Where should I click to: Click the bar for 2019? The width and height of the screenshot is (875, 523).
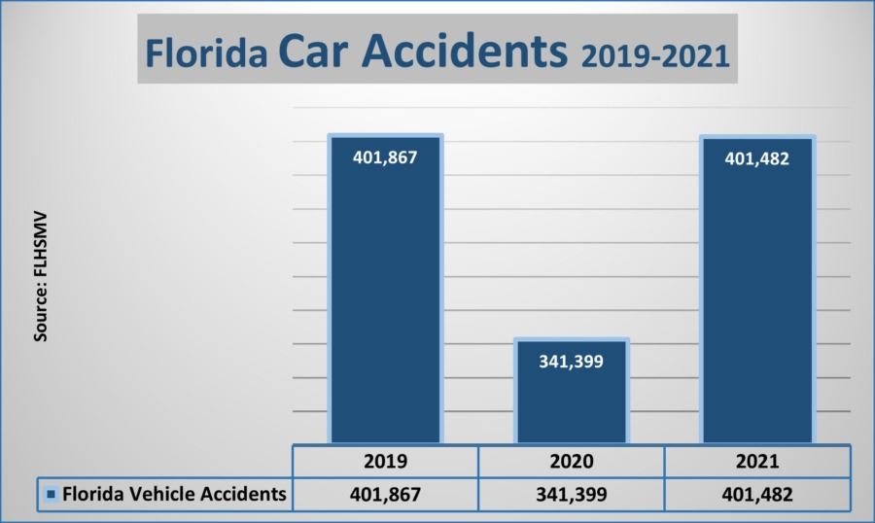tap(385, 292)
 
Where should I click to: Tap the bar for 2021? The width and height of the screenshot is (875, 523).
tap(757, 292)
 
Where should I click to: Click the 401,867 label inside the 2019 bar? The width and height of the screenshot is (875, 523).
tap(385, 157)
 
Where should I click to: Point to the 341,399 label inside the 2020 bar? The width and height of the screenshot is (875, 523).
tap(572, 361)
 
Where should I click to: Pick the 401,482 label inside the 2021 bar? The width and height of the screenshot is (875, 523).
tap(757, 158)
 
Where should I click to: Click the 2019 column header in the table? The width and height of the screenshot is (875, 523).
tap(385, 461)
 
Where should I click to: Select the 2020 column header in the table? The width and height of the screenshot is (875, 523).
tap(572, 461)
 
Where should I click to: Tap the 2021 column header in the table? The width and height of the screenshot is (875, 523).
tap(757, 461)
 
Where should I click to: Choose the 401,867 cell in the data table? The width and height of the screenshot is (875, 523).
tap(385, 494)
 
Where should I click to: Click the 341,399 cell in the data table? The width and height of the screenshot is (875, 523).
tap(572, 494)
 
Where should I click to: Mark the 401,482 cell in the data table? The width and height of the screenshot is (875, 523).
tap(757, 494)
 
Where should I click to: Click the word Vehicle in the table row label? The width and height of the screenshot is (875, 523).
tap(162, 494)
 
